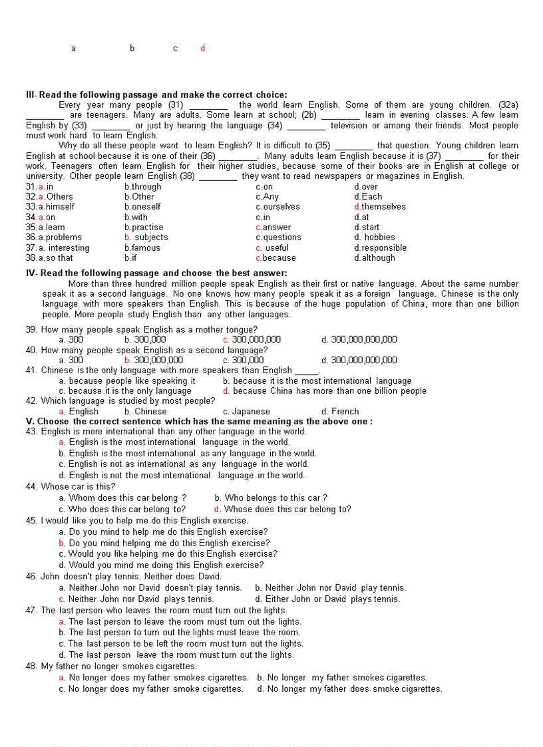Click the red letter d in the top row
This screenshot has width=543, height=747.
tap(203, 49)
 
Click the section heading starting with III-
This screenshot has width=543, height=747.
tap(156, 94)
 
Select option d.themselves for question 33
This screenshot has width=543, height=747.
tap(380, 207)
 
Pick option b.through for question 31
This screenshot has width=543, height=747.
tap(142, 187)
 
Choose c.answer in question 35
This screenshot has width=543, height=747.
tap(273, 227)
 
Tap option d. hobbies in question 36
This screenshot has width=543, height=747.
tap(375, 237)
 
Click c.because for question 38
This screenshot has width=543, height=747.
tap(275, 258)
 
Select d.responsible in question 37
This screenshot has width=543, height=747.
tap(380, 248)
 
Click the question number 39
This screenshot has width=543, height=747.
tap(31, 329)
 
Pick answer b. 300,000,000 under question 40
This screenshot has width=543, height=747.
tap(154, 360)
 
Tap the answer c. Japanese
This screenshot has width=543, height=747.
tap(246, 411)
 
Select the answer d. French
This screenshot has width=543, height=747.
tap(340, 411)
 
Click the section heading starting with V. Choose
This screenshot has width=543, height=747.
tap(199, 421)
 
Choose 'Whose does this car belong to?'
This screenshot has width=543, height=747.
tap(283, 510)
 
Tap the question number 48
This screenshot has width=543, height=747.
tap(31, 666)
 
